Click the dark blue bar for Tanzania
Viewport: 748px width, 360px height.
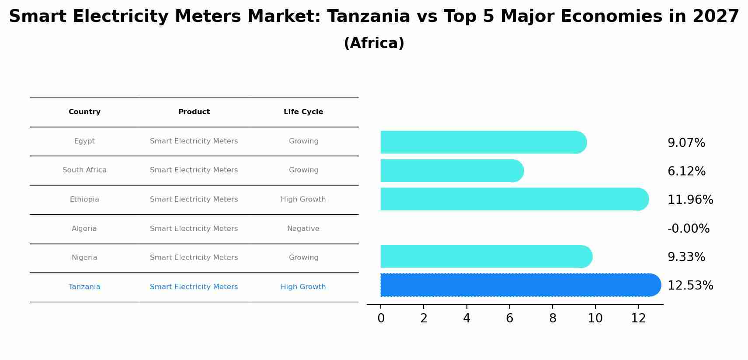pyautogui.click(x=516, y=285)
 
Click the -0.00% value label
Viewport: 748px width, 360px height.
pyautogui.click(x=688, y=229)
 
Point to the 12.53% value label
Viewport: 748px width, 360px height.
pyautogui.click(x=690, y=286)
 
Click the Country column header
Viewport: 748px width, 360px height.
pyautogui.click(x=84, y=112)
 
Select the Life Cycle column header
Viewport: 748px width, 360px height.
pyautogui.click(x=303, y=112)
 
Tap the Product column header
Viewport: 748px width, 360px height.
pyautogui.click(x=194, y=112)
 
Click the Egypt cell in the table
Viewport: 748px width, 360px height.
pyautogui.click(x=84, y=141)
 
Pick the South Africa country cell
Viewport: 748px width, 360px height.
pyautogui.click(x=84, y=170)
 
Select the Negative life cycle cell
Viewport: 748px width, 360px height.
pyautogui.click(x=303, y=229)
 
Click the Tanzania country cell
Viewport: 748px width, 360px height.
pyautogui.click(x=84, y=287)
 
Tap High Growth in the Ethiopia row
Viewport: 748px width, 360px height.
pyautogui.click(x=303, y=199)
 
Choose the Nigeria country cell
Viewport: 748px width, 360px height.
pyautogui.click(x=84, y=258)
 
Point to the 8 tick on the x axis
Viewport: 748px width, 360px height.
pyautogui.click(x=553, y=318)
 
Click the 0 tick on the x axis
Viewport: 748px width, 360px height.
pyautogui.click(x=381, y=318)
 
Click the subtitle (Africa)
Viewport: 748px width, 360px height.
pyautogui.click(x=374, y=43)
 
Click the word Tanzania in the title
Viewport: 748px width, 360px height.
pyautogui.click(x=368, y=17)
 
